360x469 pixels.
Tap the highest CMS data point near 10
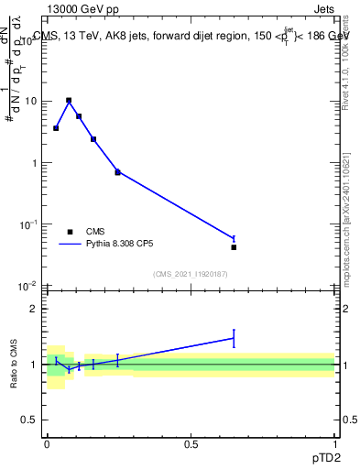coord(69,101)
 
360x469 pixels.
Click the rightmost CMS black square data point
coord(234,247)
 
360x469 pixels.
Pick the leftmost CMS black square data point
coord(56,128)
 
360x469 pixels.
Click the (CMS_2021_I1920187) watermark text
coord(190,273)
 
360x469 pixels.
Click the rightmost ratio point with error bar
coord(234,338)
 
